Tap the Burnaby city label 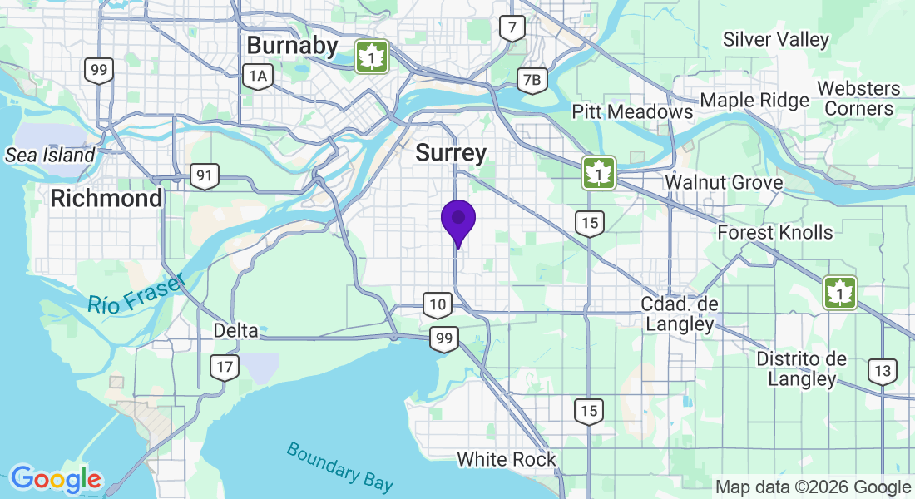coord(292,45)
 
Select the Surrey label coord(451,153)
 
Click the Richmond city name coord(106,199)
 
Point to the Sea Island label coord(50,155)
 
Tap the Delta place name coord(235,330)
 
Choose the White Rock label coord(507,459)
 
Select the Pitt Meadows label coord(632,111)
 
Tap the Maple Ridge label coord(754,101)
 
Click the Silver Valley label coord(776,39)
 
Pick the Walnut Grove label coord(724,182)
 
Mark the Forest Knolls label coord(775,232)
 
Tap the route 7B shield coord(532,80)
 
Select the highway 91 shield coord(203,175)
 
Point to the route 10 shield coord(437,304)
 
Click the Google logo coord(56,479)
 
